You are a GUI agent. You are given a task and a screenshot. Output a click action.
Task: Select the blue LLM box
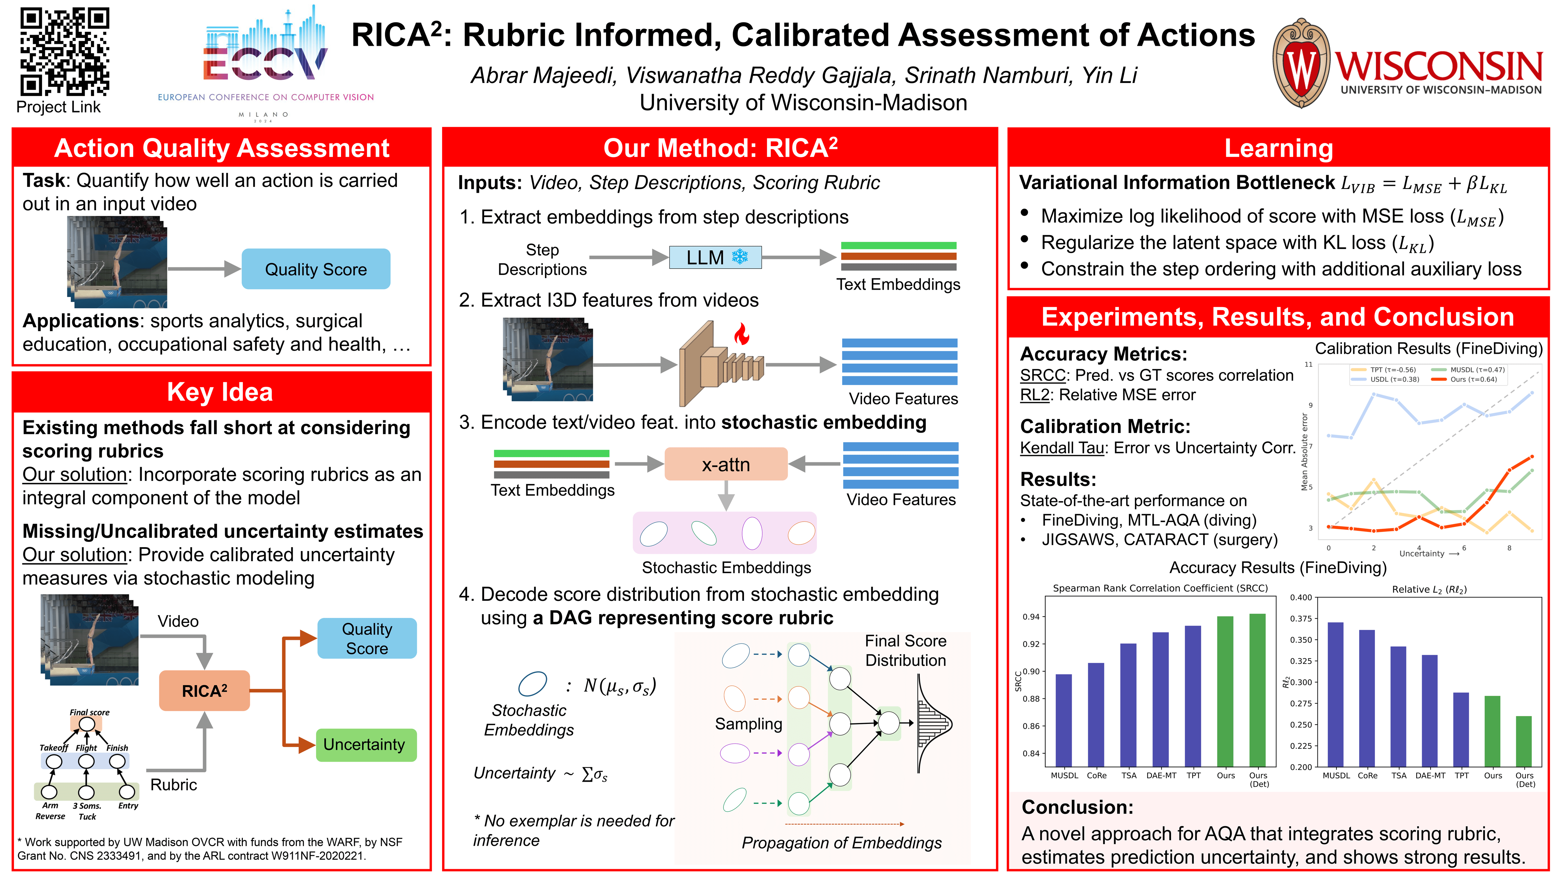click(x=715, y=257)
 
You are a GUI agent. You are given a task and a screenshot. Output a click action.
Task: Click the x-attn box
click(x=726, y=464)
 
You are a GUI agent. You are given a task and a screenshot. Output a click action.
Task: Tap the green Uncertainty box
click(x=366, y=744)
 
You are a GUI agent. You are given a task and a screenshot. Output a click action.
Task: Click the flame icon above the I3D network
click(x=741, y=334)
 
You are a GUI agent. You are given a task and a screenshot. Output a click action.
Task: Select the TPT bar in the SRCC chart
click(x=1193, y=696)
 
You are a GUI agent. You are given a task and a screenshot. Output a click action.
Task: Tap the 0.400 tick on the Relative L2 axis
click(x=1301, y=597)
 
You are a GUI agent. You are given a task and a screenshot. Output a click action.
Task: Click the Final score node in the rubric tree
click(x=87, y=724)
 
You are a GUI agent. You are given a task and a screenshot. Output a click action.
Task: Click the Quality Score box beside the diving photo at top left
click(x=315, y=269)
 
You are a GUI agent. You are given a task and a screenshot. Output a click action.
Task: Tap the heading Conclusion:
click(x=1077, y=807)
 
